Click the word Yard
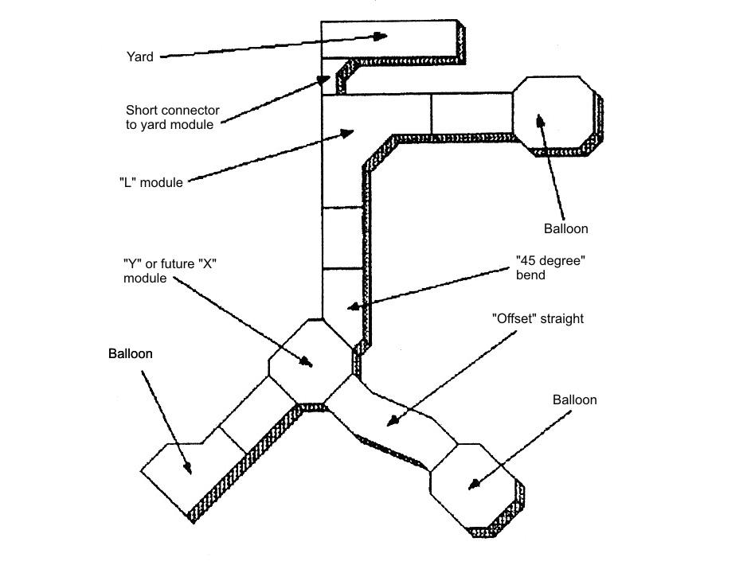pyautogui.click(x=139, y=57)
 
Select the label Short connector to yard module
pyautogui.click(x=172, y=117)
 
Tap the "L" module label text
pyautogui.click(x=151, y=182)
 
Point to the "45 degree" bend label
pyautogui.click(x=546, y=267)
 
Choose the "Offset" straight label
pyautogui.click(x=538, y=318)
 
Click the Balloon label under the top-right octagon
pyautogui.click(x=565, y=228)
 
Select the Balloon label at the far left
pyautogui.click(x=130, y=353)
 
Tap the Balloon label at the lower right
pyautogui.click(x=574, y=399)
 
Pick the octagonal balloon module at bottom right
pyautogui.click(x=476, y=485)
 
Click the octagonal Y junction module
pyautogui.click(x=310, y=360)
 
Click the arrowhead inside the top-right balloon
pyautogui.click(x=540, y=120)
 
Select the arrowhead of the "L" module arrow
pyautogui.click(x=347, y=133)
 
